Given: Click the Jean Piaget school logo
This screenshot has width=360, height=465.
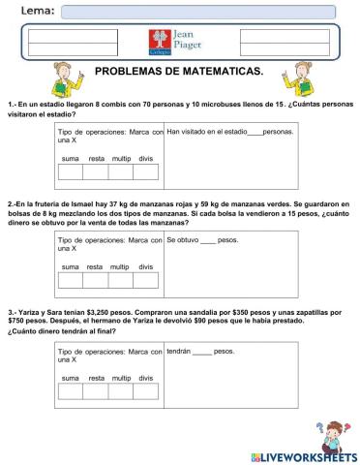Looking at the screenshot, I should (x=180, y=43).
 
